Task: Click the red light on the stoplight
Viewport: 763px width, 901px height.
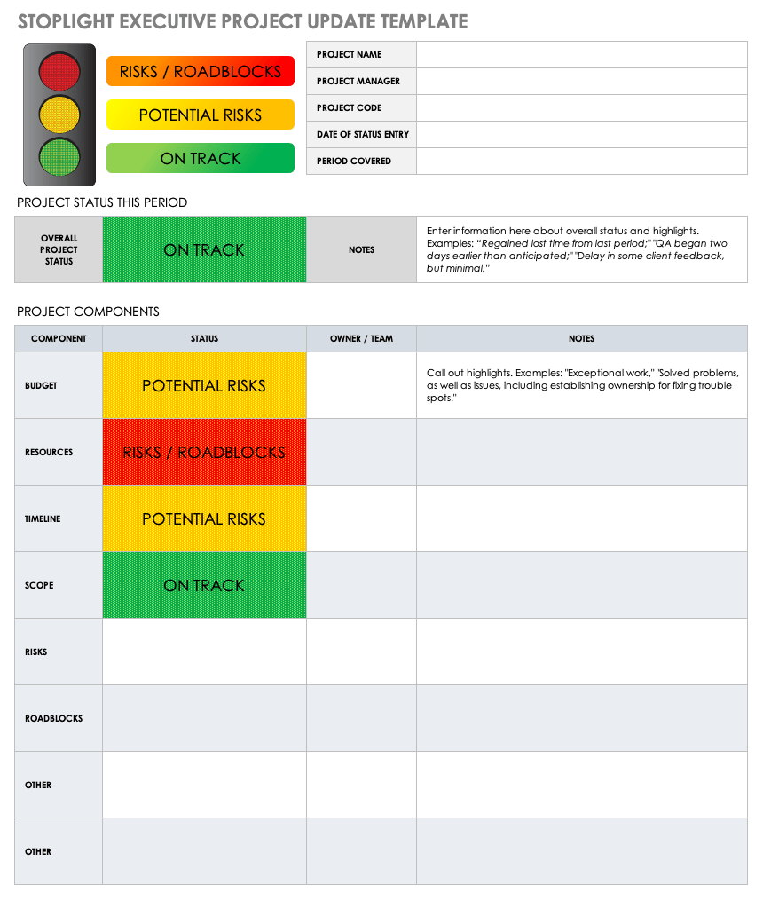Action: (59, 71)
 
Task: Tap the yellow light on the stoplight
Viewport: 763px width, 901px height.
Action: (59, 115)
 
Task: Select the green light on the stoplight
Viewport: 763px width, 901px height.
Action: (59, 156)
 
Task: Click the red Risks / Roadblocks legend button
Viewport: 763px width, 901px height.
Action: (201, 72)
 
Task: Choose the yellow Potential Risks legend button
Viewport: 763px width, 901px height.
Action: (201, 115)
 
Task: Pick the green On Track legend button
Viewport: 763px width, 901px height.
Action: (201, 158)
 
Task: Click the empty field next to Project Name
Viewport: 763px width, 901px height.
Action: (581, 54)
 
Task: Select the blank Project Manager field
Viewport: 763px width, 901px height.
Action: (581, 81)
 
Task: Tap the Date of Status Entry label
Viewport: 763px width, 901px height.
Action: (362, 134)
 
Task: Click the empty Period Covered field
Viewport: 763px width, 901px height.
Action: (581, 161)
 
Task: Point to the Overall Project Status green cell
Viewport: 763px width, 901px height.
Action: (204, 249)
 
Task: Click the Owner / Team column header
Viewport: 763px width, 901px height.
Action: (361, 338)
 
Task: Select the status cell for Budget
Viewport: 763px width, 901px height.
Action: (204, 385)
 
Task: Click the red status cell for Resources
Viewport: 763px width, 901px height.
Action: (204, 452)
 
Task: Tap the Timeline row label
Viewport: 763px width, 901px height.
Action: (43, 518)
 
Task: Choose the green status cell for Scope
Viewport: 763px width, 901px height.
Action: (204, 585)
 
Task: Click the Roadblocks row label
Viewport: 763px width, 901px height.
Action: (53, 718)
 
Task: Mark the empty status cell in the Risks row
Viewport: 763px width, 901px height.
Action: (204, 652)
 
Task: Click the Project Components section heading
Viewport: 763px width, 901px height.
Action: (88, 312)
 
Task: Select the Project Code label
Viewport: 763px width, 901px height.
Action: (349, 107)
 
